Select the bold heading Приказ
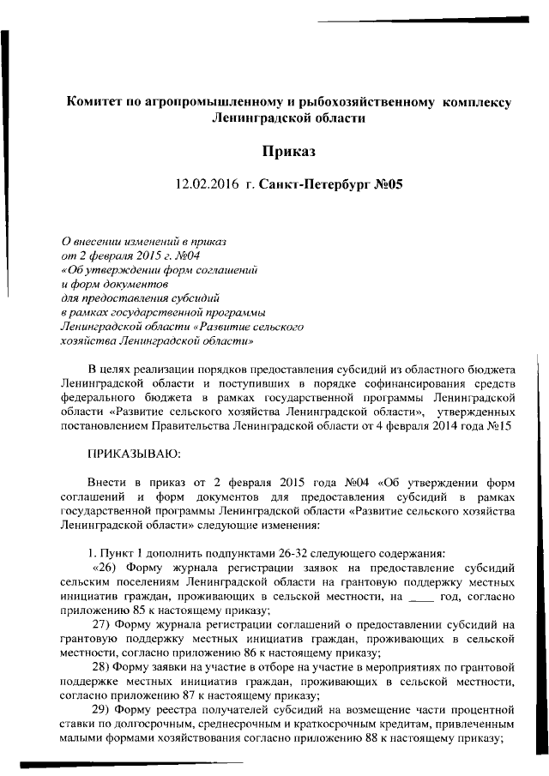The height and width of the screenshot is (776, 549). coord(288,151)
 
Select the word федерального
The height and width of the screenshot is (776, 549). coord(99,398)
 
